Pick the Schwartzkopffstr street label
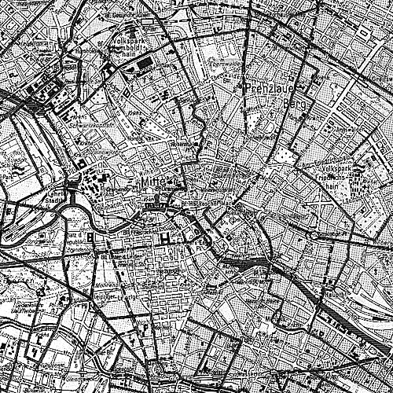[88, 124]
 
